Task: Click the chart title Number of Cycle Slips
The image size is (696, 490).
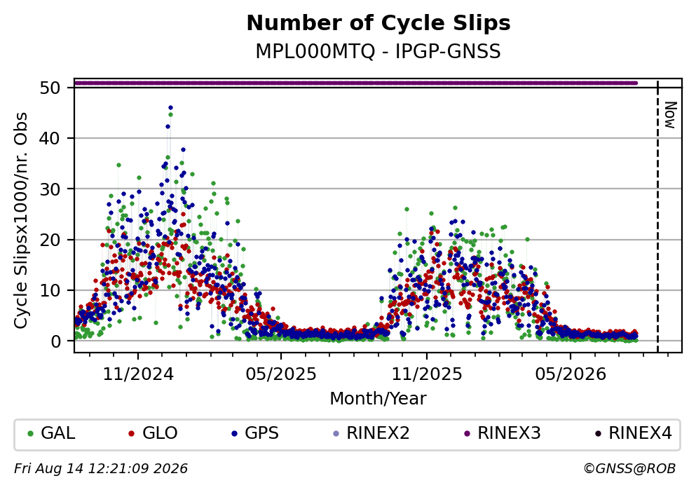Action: pyautogui.click(x=378, y=23)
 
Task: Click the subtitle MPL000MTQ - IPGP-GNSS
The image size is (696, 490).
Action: pyautogui.click(x=378, y=51)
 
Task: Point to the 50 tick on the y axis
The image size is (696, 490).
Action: pyautogui.click(x=50, y=88)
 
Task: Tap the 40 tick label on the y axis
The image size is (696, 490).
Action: pyautogui.click(x=50, y=139)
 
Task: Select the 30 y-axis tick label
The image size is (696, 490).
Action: pyautogui.click(x=50, y=189)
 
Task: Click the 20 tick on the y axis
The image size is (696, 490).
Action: pyautogui.click(x=50, y=240)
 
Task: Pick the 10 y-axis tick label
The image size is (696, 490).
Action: pyautogui.click(x=50, y=290)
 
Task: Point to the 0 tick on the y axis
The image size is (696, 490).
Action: pyautogui.click(x=55, y=341)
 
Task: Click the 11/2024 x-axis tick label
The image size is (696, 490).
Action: pyautogui.click(x=138, y=374)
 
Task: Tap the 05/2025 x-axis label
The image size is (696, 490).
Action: pyautogui.click(x=281, y=374)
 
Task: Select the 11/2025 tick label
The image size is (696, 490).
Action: pyautogui.click(x=427, y=374)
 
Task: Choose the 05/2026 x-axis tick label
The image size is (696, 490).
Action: pyautogui.click(x=571, y=374)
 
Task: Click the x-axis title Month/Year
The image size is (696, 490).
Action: pyautogui.click(x=378, y=399)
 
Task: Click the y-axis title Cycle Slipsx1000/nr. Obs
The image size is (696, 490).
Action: pyautogui.click(x=21, y=221)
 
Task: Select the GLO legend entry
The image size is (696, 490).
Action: pyautogui.click(x=153, y=433)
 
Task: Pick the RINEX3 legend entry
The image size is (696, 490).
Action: pyautogui.click(x=503, y=433)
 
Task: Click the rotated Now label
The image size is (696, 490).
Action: pyautogui.click(x=670, y=115)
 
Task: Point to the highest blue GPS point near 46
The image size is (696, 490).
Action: pyautogui.click(x=170, y=107)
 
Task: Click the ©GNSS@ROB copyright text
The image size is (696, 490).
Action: pyautogui.click(x=630, y=469)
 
